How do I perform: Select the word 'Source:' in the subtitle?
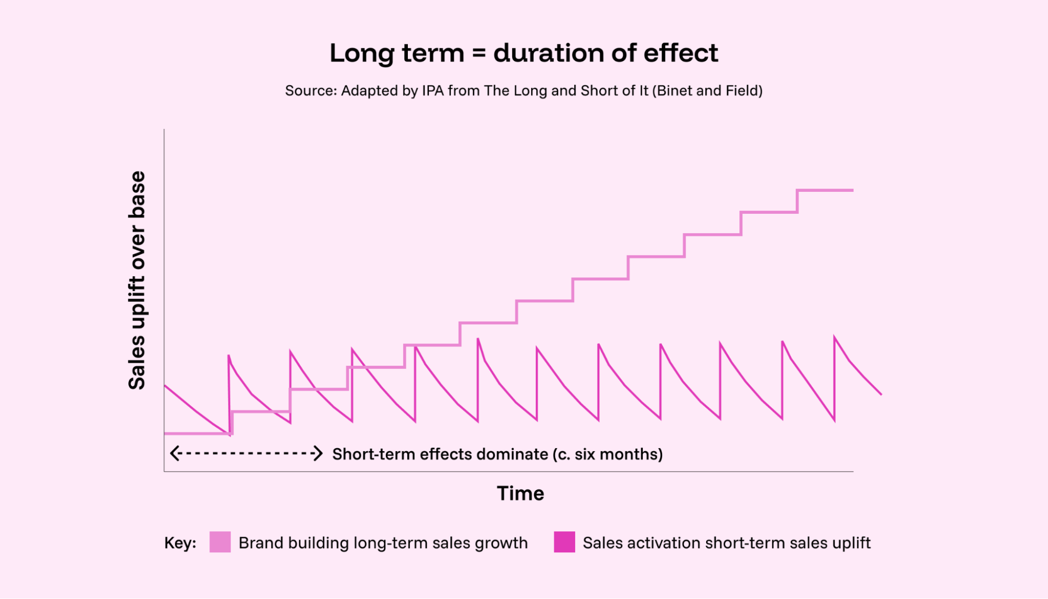(x=310, y=91)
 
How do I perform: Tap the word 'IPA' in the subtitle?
(x=433, y=91)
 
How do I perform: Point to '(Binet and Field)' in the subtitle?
(x=707, y=91)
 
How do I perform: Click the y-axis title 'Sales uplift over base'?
(x=137, y=280)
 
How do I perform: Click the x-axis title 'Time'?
(x=520, y=494)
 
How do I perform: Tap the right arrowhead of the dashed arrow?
(x=318, y=453)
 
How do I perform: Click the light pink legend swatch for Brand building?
(x=220, y=542)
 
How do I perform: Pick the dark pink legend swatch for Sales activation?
(x=564, y=542)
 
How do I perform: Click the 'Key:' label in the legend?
(x=180, y=543)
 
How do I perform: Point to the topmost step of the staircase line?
(x=825, y=190)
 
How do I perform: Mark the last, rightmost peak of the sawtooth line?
(x=834, y=337)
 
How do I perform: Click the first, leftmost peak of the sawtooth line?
(x=229, y=356)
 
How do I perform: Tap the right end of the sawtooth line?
(x=881, y=394)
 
